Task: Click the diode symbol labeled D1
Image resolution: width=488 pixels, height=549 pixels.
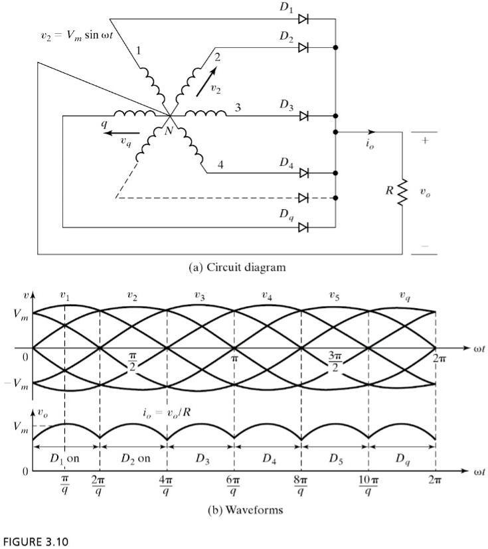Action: pos(303,19)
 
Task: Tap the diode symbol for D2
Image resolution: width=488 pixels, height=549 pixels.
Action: pos(303,48)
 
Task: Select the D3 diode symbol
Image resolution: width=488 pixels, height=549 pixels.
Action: pos(303,116)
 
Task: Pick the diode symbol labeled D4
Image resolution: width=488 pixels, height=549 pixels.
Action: pos(303,173)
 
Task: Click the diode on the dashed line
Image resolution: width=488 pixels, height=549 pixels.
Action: pos(303,198)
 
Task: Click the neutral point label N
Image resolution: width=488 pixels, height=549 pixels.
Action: pos(168,130)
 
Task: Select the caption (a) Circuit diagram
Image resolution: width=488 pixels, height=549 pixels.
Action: pos(238,268)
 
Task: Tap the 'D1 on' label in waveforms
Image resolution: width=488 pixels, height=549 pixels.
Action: pos(64,459)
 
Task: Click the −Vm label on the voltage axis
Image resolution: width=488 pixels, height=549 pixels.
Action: pos(17,383)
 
